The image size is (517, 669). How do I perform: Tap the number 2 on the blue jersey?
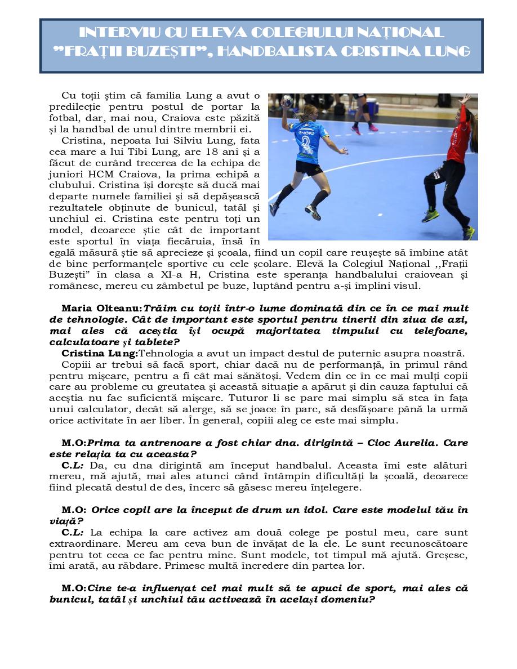tap(306, 141)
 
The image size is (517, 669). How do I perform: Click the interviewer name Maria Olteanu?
tap(101, 309)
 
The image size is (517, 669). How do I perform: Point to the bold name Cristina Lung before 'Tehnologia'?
tap(99, 354)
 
